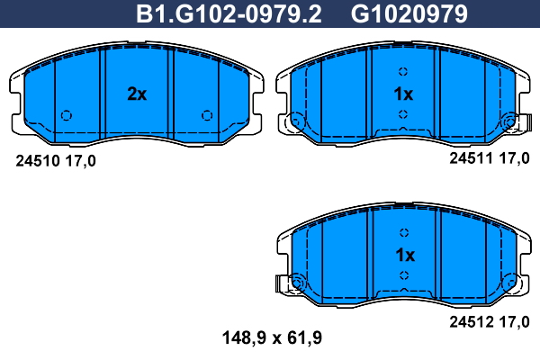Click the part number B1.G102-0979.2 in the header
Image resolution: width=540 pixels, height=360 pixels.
click(229, 14)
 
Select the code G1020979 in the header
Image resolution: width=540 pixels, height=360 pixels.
click(409, 14)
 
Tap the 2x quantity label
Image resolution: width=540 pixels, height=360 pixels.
click(137, 94)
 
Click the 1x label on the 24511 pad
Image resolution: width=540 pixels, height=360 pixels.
click(403, 94)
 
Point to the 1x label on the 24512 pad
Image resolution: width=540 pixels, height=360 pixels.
click(405, 255)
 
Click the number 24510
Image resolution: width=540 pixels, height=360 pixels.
click(38, 161)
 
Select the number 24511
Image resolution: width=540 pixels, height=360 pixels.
click(472, 158)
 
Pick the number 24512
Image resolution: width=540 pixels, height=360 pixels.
click(472, 322)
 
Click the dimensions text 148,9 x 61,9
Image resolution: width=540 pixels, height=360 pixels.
click(272, 338)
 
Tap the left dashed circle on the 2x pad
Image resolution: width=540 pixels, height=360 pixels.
click(67, 115)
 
